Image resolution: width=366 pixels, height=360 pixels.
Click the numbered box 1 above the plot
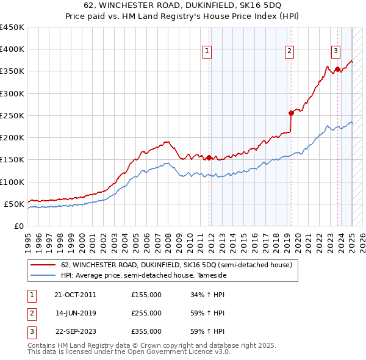click(x=207, y=51)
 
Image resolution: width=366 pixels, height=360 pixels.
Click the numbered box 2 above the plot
click(x=289, y=51)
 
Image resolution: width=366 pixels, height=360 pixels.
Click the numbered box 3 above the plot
click(x=335, y=51)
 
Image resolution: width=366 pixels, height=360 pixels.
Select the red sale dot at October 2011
click(x=209, y=157)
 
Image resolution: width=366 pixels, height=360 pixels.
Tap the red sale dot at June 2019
click(x=291, y=112)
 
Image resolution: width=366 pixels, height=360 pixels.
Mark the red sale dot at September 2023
click(x=337, y=69)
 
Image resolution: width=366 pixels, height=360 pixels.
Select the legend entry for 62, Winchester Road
click(x=177, y=265)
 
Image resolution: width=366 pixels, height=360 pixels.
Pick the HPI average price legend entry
click(x=143, y=275)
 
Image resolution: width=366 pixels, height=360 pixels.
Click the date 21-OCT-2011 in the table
click(x=75, y=295)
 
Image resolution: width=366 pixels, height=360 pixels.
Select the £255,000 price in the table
click(x=146, y=313)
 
